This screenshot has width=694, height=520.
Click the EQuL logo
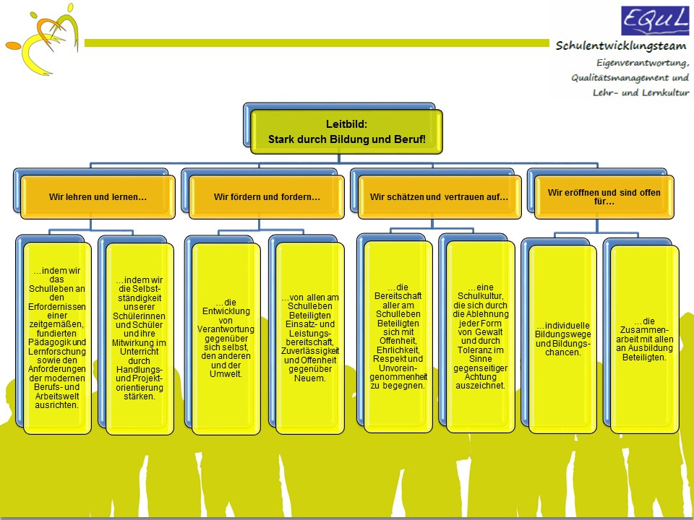click(x=655, y=20)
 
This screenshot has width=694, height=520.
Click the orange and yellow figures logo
click(x=43, y=39)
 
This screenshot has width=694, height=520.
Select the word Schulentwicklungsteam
click(x=622, y=45)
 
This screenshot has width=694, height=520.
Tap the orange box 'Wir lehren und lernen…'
click(x=98, y=197)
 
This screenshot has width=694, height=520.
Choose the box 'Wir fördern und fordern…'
click(x=267, y=197)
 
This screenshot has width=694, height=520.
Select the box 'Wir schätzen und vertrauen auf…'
click(x=440, y=197)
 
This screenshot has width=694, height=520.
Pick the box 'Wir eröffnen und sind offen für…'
click(x=604, y=197)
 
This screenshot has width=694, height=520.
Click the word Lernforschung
click(x=57, y=352)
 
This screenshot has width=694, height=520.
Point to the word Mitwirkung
click(x=139, y=342)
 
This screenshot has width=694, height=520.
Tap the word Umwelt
click(x=226, y=374)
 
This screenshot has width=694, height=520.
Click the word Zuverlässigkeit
click(x=310, y=351)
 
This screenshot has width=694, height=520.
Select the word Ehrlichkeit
click(x=398, y=350)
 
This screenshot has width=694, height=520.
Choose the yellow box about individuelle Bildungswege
click(x=562, y=339)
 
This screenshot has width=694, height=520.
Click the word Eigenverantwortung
click(x=643, y=64)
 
